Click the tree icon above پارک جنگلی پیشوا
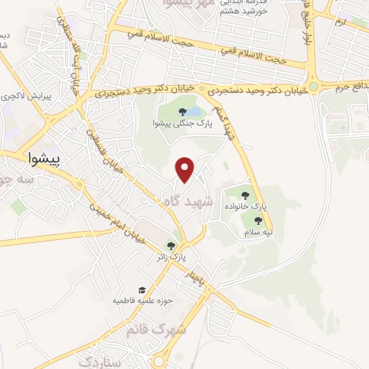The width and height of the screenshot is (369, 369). [181, 111]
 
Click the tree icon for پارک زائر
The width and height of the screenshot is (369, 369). [171, 245]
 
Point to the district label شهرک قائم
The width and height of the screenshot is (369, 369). [156, 330]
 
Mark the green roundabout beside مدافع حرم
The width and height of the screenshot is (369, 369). [313, 87]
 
